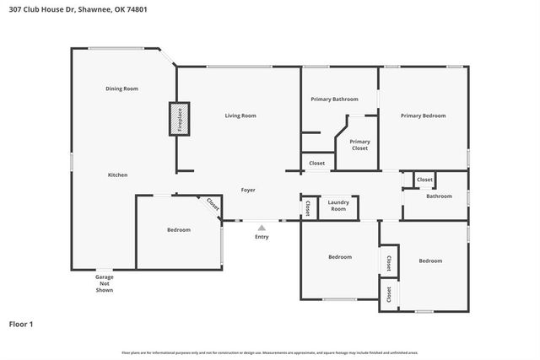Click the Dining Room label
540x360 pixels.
(x=121, y=89)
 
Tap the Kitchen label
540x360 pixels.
(x=117, y=175)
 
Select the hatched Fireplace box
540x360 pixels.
(x=179, y=117)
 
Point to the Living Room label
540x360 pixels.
(x=240, y=116)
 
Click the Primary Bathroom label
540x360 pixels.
(x=334, y=99)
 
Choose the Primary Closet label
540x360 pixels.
(x=359, y=145)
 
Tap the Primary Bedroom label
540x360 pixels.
(x=423, y=116)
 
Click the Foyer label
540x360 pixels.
(x=248, y=190)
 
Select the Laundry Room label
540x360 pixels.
(x=338, y=205)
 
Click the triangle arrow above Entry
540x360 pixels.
(x=262, y=227)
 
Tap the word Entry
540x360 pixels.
(x=262, y=237)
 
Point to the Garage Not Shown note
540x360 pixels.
(x=104, y=283)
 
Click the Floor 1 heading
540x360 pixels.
(x=21, y=324)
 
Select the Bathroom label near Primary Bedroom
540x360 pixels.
(x=439, y=196)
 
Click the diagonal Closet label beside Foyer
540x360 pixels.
(x=213, y=205)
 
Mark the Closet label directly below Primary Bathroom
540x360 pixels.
(x=316, y=163)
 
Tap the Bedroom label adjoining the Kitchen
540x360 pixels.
(x=178, y=229)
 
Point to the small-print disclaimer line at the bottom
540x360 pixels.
(x=269, y=352)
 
